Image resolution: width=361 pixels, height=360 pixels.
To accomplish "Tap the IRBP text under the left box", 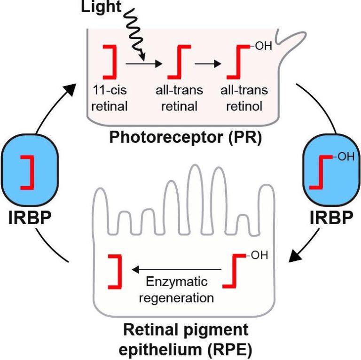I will click(x=30, y=219).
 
